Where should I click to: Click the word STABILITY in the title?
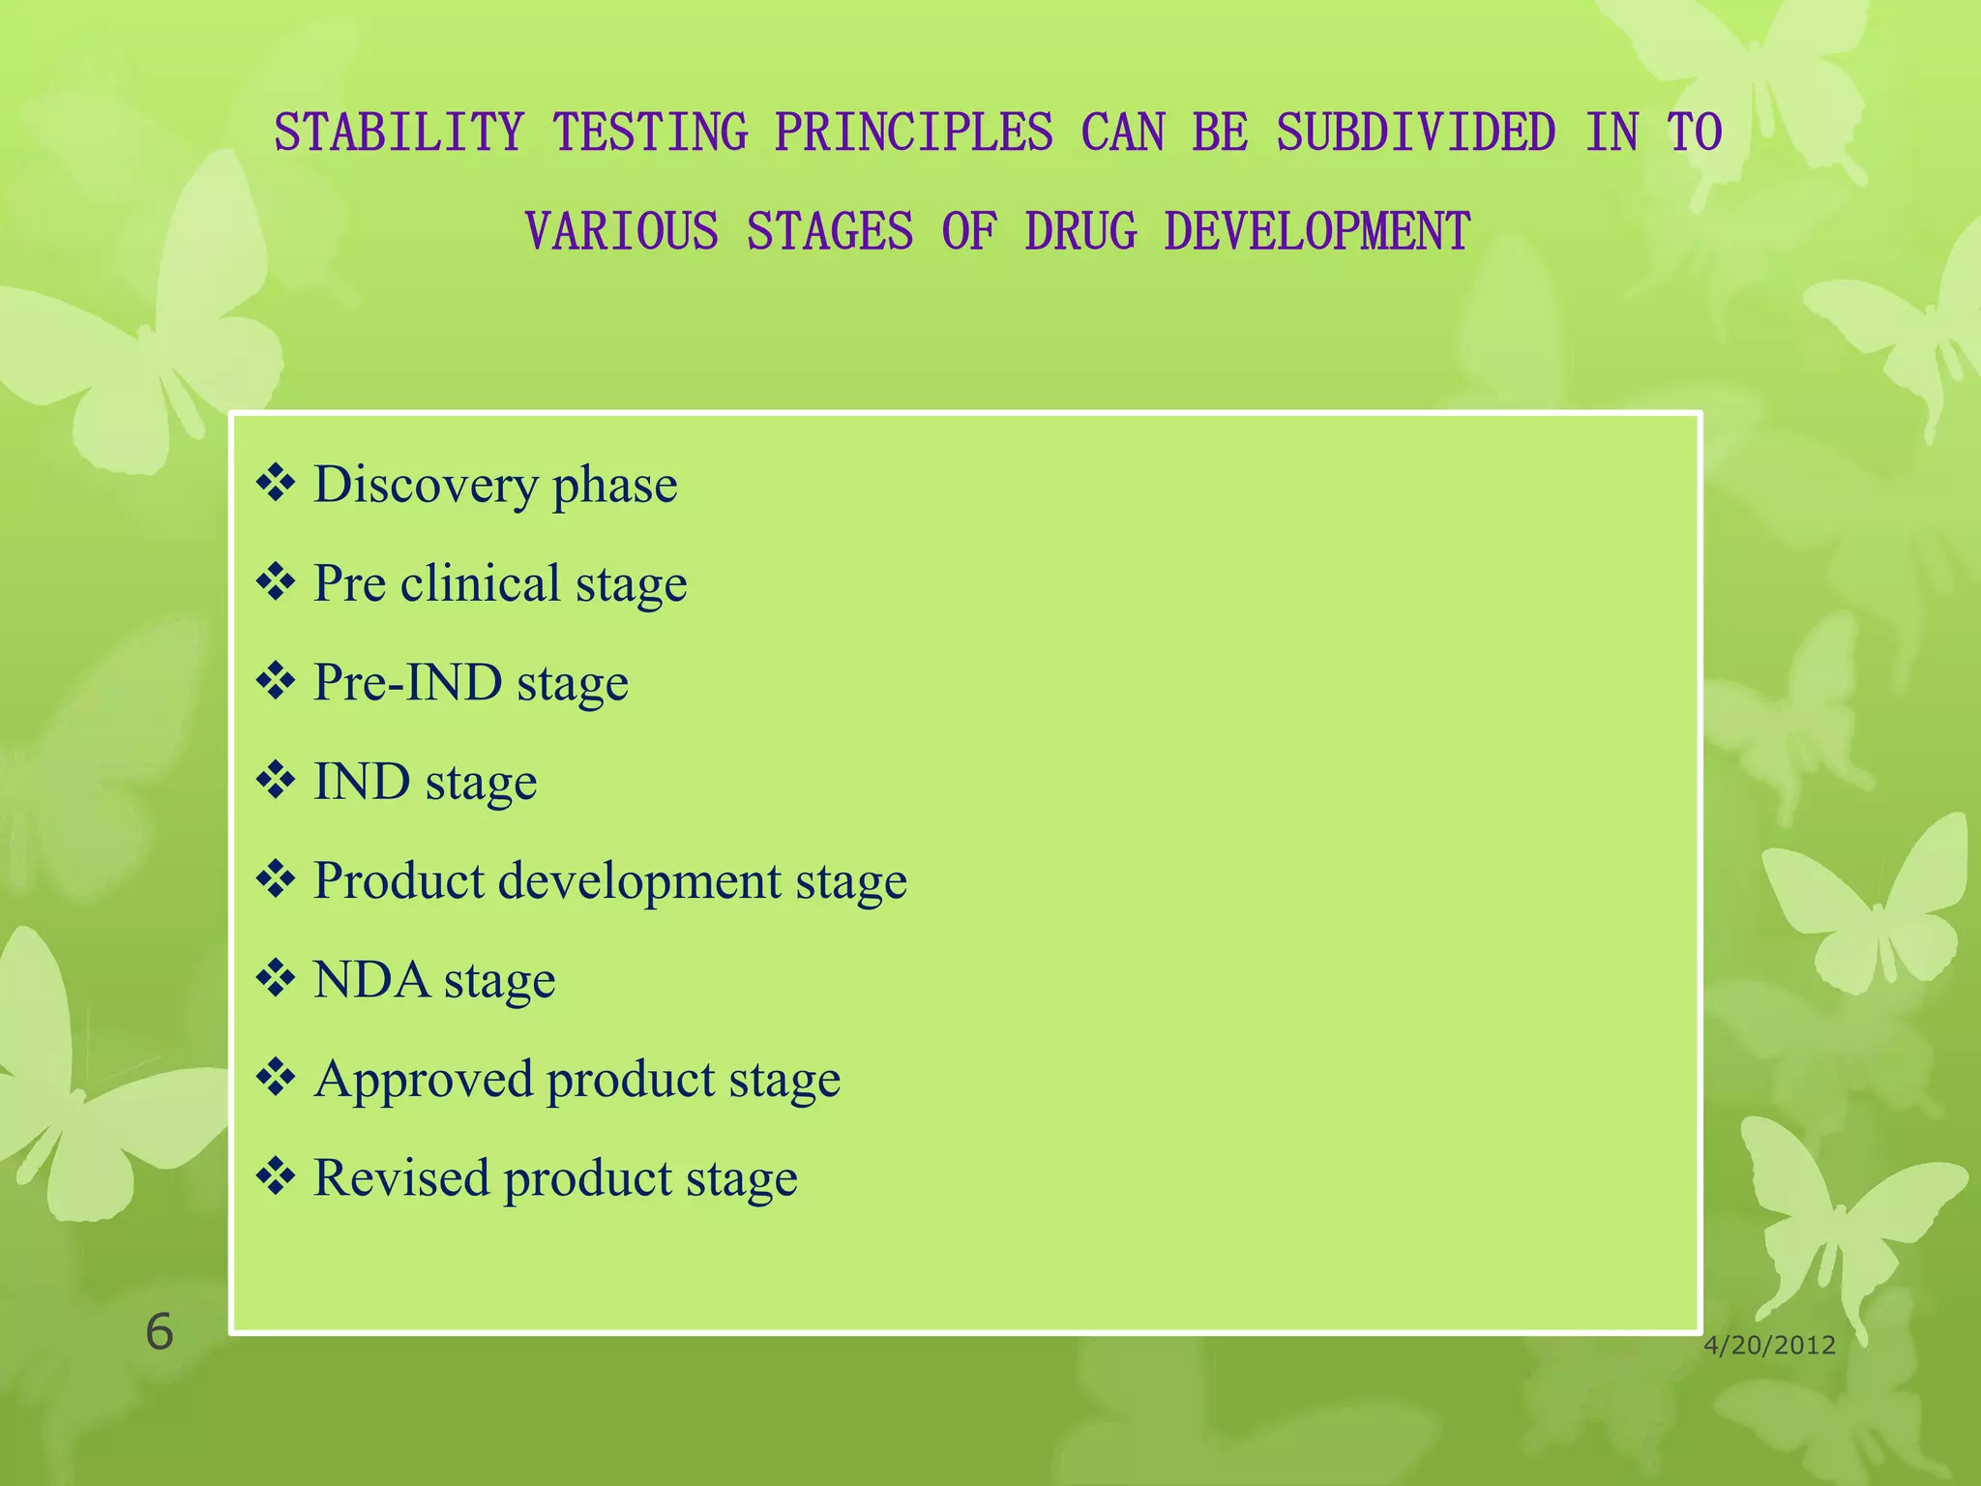coord(399,133)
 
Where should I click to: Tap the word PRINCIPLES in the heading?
coord(913,133)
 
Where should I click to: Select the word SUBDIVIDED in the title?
coord(1415,133)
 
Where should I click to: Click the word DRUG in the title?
coord(1080,232)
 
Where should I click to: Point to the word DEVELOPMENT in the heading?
coord(1316,232)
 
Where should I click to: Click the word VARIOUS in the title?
coord(621,232)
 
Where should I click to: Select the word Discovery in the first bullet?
coord(426,485)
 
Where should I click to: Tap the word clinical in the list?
coord(480,583)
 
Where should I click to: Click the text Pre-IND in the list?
coord(407,682)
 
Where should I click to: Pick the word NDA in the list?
coord(371,980)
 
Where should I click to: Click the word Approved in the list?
coord(423,1079)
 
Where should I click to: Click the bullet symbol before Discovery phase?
coord(276,484)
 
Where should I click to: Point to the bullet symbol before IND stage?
coord(276,781)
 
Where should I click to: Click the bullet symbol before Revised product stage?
coord(276,1177)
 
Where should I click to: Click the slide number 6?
coord(159,1332)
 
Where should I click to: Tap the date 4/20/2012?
coord(1769,1346)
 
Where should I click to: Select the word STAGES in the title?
coord(829,232)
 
